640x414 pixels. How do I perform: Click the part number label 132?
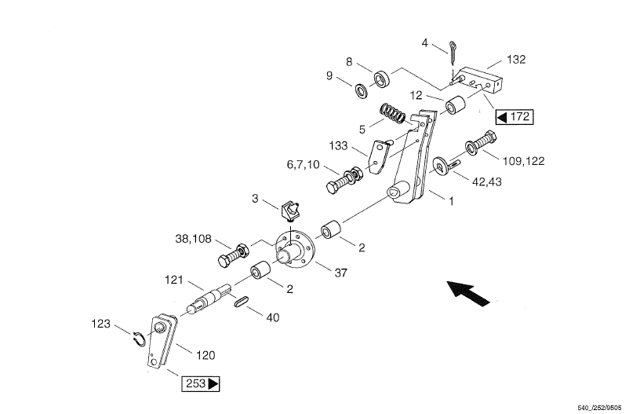[516, 59]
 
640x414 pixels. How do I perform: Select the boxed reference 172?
[515, 117]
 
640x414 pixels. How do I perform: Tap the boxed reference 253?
[202, 384]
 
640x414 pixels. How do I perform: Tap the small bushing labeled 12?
[456, 106]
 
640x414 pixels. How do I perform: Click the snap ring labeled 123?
[137, 339]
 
